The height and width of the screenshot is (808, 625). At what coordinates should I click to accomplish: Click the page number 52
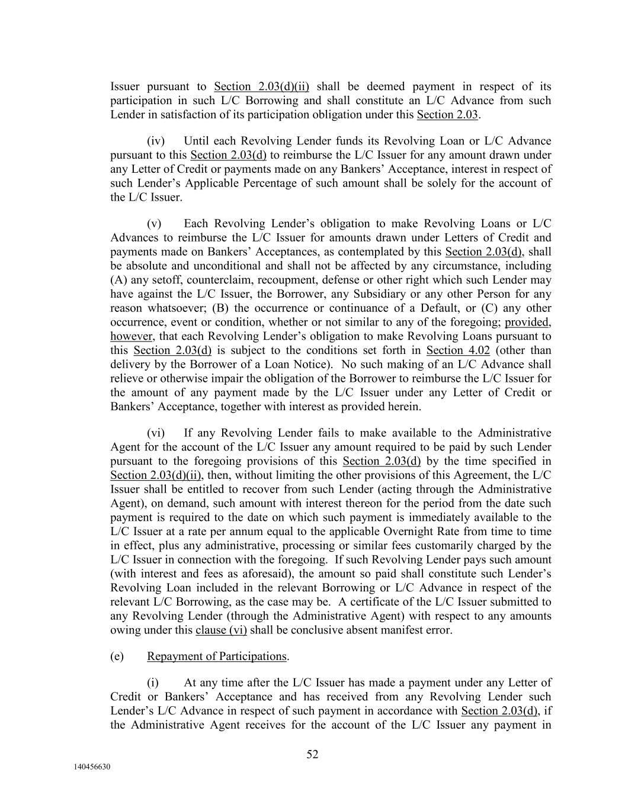(312, 754)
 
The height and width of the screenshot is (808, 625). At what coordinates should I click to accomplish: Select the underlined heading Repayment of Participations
(217, 656)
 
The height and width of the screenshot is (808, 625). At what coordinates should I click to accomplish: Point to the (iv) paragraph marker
(155, 141)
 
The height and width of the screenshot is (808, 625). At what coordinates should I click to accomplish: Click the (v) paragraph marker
(154, 224)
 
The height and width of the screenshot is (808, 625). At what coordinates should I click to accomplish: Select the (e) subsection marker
(117, 656)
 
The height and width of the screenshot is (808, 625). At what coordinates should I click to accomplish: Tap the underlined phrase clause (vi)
(221, 630)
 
